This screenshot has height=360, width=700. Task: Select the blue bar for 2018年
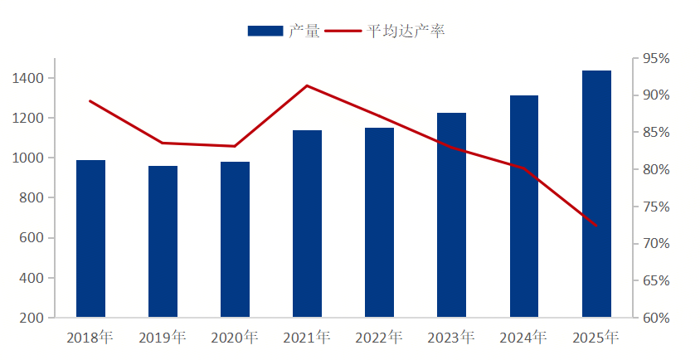point(90,239)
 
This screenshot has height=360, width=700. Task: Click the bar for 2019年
point(163,241)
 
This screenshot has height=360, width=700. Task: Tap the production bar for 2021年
point(307,224)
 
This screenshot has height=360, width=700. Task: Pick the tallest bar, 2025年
point(596,194)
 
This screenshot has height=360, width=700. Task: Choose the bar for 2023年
point(452,215)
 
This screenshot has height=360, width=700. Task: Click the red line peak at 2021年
point(307,85)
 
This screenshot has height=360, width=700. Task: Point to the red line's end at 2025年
point(595,226)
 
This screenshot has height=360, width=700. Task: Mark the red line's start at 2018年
point(90,101)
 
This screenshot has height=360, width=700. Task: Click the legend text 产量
point(304,31)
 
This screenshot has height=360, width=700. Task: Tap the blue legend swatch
point(265,31)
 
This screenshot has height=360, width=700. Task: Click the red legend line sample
point(343,31)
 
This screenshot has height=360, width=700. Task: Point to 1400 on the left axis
point(28,78)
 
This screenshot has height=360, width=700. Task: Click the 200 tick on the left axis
point(32,318)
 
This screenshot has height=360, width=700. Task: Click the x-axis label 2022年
point(379,338)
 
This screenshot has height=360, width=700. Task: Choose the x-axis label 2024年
point(523,338)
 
